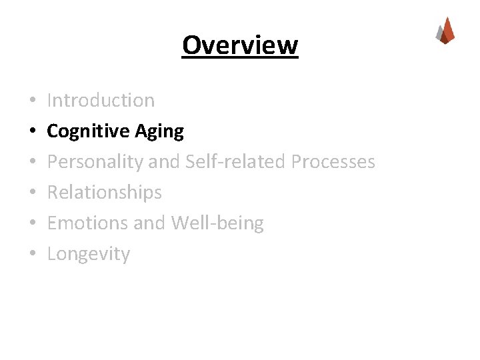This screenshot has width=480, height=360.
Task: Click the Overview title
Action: click(240, 45)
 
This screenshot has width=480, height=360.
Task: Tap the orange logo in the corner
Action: click(445, 31)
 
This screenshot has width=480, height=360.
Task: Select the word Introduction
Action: click(101, 100)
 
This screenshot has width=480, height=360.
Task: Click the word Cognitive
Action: click(88, 131)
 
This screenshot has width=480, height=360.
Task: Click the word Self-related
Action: click(235, 161)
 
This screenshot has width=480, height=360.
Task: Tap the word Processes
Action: click(333, 161)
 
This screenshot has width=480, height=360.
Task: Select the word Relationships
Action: click(105, 193)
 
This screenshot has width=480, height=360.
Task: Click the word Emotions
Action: click(88, 223)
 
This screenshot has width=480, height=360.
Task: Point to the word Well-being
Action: click(217, 223)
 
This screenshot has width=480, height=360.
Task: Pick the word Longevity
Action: click(89, 254)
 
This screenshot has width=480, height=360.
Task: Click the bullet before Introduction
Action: click(32, 101)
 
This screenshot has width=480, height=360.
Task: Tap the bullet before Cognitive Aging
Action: click(32, 132)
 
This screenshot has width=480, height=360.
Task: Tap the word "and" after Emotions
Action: click(150, 223)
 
